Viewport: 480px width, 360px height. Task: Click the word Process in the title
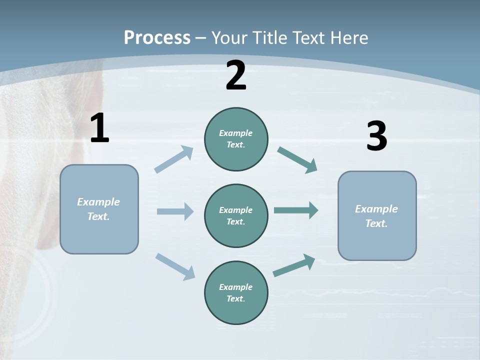[157, 38]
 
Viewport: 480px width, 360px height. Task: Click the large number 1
[99, 128]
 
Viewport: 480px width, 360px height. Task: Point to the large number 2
[236, 75]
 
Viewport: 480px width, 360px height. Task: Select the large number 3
[376, 136]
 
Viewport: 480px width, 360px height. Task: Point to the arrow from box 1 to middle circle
[175, 211]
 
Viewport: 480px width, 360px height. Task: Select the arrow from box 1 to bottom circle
[175, 266]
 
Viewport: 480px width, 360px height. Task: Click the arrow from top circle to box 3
[297, 159]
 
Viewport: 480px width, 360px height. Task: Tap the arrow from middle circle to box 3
[296, 210]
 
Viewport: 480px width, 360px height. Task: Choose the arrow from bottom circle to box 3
[294, 265]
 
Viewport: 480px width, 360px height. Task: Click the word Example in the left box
[98, 202]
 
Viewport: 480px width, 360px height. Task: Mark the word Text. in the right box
[376, 223]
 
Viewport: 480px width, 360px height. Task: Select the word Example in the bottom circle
[236, 287]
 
